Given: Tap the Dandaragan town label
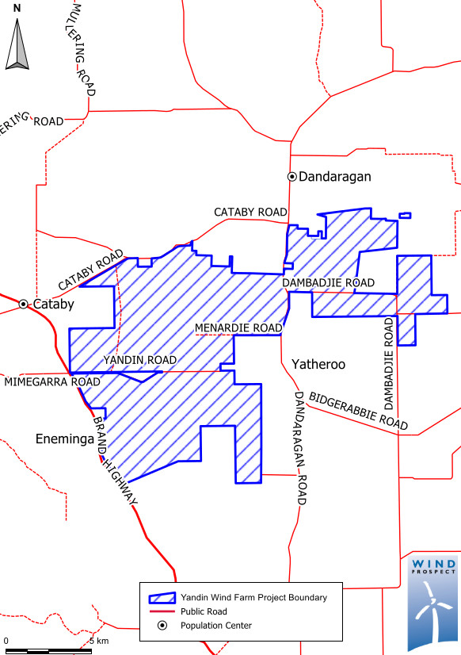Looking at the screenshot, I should [x=335, y=177].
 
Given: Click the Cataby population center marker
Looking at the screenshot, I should [x=24, y=304].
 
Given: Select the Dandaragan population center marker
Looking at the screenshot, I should [x=291, y=176].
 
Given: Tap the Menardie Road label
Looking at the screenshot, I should [x=238, y=327].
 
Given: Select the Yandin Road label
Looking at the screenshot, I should [x=139, y=360].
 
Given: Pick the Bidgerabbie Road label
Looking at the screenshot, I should [x=358, y=412].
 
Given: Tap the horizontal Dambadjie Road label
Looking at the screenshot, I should [x=328, y=282].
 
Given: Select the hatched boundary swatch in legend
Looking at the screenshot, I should [x=158, y=597].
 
